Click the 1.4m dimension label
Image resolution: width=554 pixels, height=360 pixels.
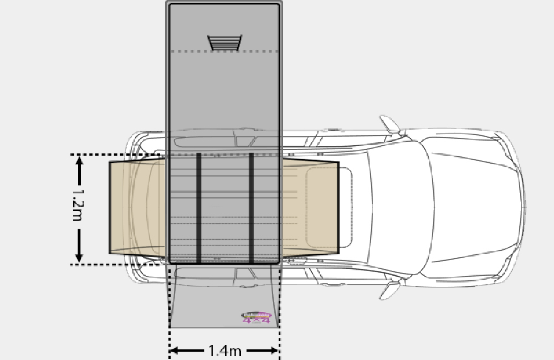pos(224,351)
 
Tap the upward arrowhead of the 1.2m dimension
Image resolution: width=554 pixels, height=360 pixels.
pos(79,161)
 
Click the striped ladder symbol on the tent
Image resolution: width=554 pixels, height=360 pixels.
pos(224,43)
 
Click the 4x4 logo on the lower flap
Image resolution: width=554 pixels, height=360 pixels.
pos(256,318)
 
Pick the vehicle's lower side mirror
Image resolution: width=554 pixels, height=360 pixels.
pos(391,290)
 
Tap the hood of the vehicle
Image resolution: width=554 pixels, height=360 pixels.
pos(476,208)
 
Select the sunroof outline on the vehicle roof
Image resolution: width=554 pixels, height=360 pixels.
pos(329,208)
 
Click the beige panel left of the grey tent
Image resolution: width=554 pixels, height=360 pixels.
pos(138,208)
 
